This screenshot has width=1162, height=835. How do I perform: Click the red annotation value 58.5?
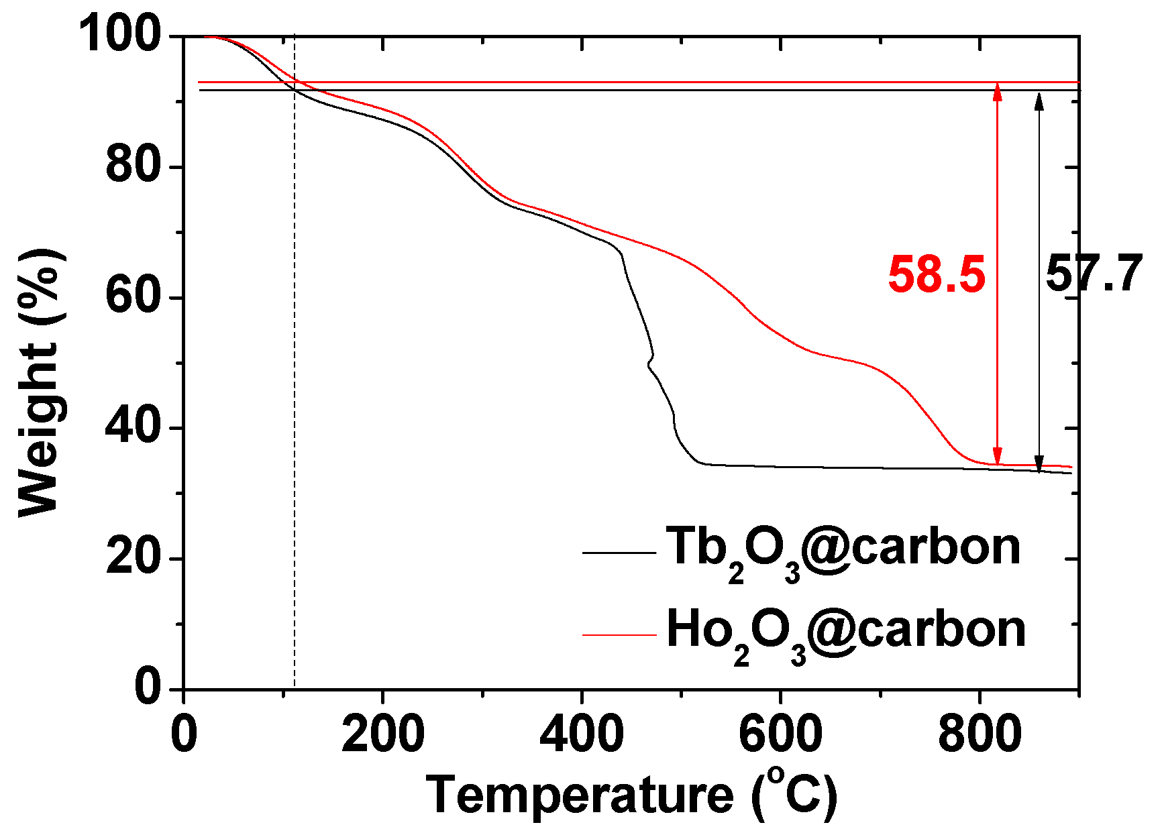coord(937,276)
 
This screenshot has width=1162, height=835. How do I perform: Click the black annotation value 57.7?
coord(1094,274)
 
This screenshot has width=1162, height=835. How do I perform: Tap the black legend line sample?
coord(619,553)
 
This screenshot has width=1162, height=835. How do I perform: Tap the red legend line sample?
coord(619,634)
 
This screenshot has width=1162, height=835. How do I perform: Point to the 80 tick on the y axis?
coord(134,166)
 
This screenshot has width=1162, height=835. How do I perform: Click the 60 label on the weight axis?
coord(134,297)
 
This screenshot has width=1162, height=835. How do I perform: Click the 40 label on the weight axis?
coord(134,428)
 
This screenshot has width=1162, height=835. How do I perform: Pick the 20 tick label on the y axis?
coord(134,559)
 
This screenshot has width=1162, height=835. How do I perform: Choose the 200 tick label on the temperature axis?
coord(382,734)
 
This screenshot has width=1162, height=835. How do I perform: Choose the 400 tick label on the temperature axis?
coord(582,734)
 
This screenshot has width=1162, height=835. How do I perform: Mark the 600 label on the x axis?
coord(780,734)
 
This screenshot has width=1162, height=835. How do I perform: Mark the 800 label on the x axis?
coord(980,734)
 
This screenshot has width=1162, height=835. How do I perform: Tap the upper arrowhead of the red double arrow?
coord(998,92)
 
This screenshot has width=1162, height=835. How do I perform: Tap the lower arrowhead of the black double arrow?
coord(1039,464)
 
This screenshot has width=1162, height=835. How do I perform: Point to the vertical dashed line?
coord(295,402)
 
